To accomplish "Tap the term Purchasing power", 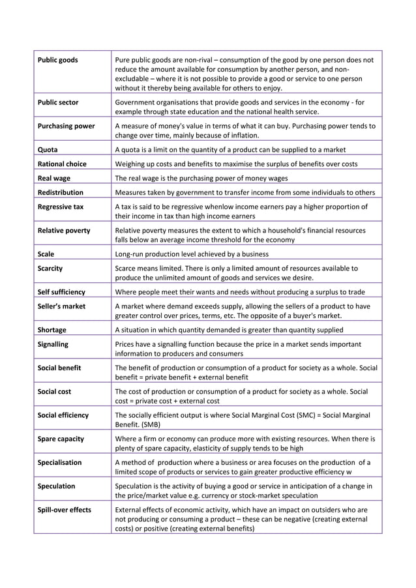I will click(x=67, y=126).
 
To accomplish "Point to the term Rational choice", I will click(x=62, y=164).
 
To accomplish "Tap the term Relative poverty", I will click(x=64, y=230).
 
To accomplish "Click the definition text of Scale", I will click(x=191, y=254).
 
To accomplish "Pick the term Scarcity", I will click(x=50, y=268).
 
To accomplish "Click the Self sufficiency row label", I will click(x=61, y=291).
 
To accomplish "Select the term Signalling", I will click(x=53, y=344).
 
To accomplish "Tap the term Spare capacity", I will click(x=61, y=439).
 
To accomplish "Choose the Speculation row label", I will click(x=57, y=486).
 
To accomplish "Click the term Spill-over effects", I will click(x=65, y=509).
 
